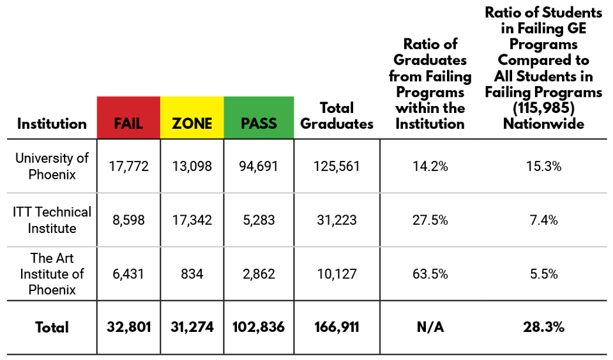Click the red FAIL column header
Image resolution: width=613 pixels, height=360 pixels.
tap(128, 123)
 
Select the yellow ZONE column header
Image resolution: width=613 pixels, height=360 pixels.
tap(192, 123)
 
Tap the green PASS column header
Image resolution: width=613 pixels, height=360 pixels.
tap(259, 123)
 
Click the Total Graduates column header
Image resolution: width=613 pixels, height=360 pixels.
tap(337, 116)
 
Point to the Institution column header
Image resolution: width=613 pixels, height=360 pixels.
tap(52, 123)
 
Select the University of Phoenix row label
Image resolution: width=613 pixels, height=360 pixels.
tap(52, 166)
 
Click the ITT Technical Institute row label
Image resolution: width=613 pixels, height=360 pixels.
tap(52, 220)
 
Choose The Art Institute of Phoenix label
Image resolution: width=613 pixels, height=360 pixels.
tap(52, 274)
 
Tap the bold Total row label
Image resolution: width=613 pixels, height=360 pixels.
tap(52, 327)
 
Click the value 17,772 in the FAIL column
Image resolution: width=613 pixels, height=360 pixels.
tap(128, 167)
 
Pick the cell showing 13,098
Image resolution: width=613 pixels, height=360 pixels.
tap(192, 167)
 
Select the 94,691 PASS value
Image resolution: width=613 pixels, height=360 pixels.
tap(259, 167)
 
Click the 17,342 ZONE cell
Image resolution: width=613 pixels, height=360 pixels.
tap(192, 220)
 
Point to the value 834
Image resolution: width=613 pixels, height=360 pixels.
tap(192, 274)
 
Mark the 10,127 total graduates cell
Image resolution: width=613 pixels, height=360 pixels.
tap(337, 274)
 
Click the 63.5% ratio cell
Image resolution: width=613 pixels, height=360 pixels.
tap(430, 274)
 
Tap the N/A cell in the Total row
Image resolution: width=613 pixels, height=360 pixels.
tap(430, 327)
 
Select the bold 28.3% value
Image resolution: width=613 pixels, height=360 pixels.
tap(543, 327)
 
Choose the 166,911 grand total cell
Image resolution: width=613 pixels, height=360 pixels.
tap(337, 327)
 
